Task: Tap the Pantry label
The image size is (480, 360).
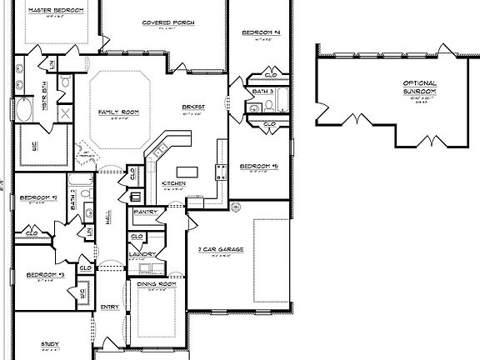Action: tap(145, 212)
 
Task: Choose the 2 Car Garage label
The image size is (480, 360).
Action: tap(221, 248)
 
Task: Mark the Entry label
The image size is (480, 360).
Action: tap(110, 307)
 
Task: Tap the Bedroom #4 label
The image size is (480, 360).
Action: tap(262, 32)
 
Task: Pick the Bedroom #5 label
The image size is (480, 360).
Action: tap(258, 167)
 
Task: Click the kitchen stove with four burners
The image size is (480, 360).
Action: tap(222, 172)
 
